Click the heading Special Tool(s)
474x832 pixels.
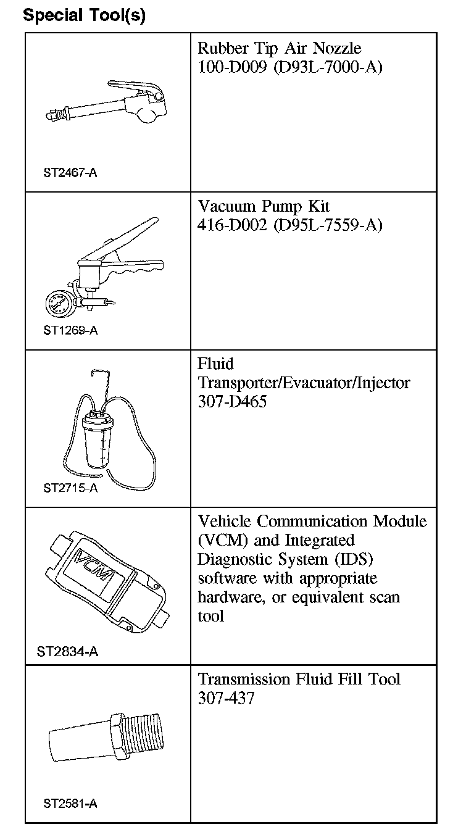(84, 15)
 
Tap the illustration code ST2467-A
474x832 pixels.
(70, 172)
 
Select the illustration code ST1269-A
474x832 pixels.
(70, 330)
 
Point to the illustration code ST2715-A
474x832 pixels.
(70, 488)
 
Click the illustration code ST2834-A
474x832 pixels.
(67, 651)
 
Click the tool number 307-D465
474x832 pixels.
(232, 402)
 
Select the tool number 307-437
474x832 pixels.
(226, 698)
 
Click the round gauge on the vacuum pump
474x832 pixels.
(59, 303)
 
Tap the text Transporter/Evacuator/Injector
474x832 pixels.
(304, 383)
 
